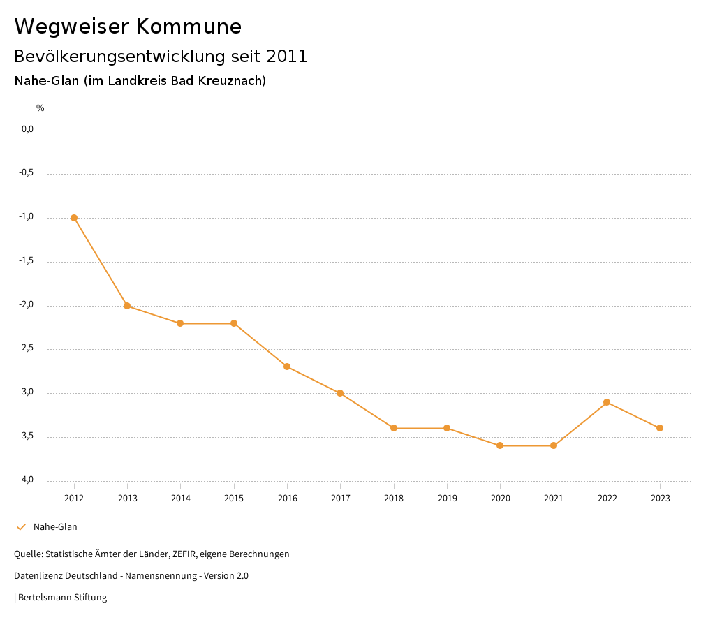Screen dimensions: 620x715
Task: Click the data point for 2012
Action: pyautogui.click(x=74, y=218)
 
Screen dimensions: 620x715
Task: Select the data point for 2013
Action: pyautogui.click(x=127, y=306)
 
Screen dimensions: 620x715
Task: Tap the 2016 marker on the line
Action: pyautogui.click(x=287, y=367)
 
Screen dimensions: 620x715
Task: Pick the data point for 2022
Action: pyautogui.click(x=607, y=402)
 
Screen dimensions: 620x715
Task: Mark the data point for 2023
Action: pyautogui.click(x=660, y=428)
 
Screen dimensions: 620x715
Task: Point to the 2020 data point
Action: pyautogui.click(x=500, y=445)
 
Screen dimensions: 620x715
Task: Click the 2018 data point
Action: pyautogui.click(x=394, y=428)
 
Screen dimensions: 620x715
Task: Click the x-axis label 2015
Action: pyautogui.click(x=234, y=498)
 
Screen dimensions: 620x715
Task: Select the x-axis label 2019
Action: pyautogui.click(x=447, y=498)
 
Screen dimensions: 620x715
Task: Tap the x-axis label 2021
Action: pyautogui.click(x=554, y=498)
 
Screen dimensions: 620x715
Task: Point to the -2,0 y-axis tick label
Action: pyautogui.click(x=27, y=304)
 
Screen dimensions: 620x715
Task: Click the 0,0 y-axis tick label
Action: pyautogui.click(x=27, y=129)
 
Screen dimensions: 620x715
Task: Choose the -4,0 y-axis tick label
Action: pyautogui.click(x=27, y=480)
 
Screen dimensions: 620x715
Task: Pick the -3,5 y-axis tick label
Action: pyautogui.click(x=27, y=436)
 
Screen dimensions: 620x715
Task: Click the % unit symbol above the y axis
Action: pyautogui.click(x=40, y=108)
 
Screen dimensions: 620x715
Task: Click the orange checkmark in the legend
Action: pyautogui.click(x=21, y=527)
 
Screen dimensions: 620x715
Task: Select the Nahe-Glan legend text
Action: pyautogui.click(x=55, y=527)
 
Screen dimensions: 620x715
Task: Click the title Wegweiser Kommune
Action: pyautogui.click(x=128, y=26)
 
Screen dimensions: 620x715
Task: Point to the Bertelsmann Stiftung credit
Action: pyautogui.click(x=62, y=598)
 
